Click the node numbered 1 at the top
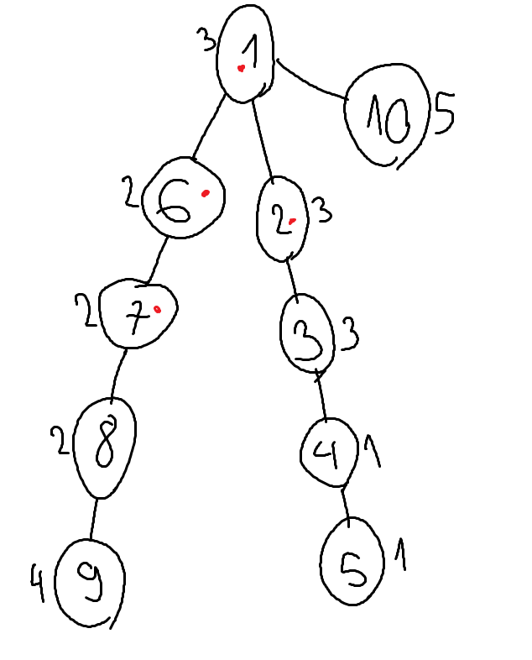click(x=245, y=54)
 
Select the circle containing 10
click(x=387, y=115)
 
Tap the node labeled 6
click(x=184, y=198)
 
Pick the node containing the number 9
click(x=90, y=584)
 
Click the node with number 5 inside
click(x=352, y=562)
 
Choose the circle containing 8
click(x=105, y=448)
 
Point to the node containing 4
click(x=329, y=453)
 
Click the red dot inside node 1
click(x=241, y=68)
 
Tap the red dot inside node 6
click(x=206, y=193)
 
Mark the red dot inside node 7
click(x=157, y=310)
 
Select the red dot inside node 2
click(x=292, y=221)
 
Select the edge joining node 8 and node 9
click(x=93, y=520)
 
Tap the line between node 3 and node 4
click(x=321, y=395)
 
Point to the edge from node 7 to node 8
click(x=117, y=374)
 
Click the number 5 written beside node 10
click(x=445, y=113)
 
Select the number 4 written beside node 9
click(x=37, y=584)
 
